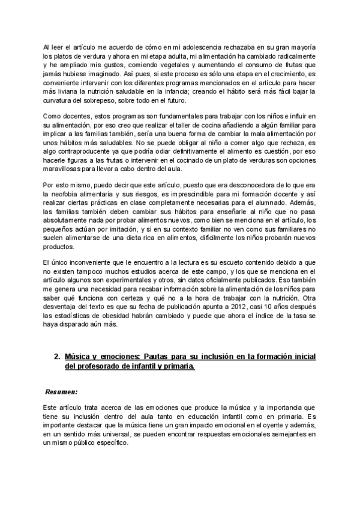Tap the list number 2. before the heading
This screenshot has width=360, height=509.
pyautogui.click(x=57, y=357)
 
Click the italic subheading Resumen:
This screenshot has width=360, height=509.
pyautogui.click(x=62, y=391)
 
